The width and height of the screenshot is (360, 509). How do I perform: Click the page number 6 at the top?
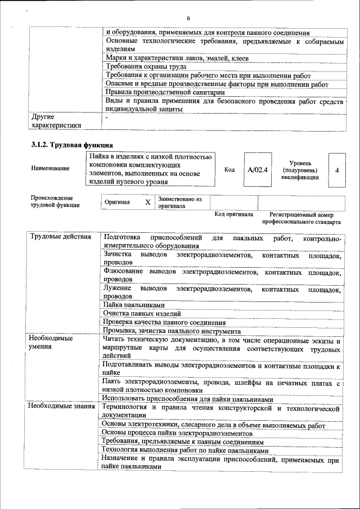[188, 19]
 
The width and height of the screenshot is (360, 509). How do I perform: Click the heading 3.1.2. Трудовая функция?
[69, 145]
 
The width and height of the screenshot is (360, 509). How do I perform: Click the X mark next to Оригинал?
[147, 202]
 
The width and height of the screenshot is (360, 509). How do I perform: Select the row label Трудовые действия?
[60, 237]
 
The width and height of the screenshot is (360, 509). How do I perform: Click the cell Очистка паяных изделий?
[142, 313]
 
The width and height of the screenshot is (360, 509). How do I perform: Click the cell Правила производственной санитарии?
[165, 93]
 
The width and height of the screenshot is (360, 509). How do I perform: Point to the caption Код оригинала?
[234, 214]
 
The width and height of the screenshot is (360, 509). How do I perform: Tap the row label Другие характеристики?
[56, 121]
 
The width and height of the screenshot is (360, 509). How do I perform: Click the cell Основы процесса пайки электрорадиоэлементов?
[177, 434]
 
